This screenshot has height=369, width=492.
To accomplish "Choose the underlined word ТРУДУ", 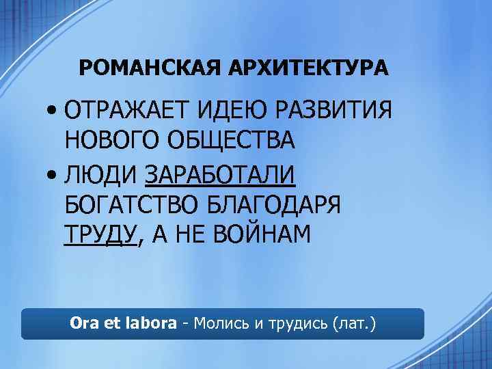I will (100, 234).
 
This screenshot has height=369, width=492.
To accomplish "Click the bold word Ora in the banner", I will (84, 323).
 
